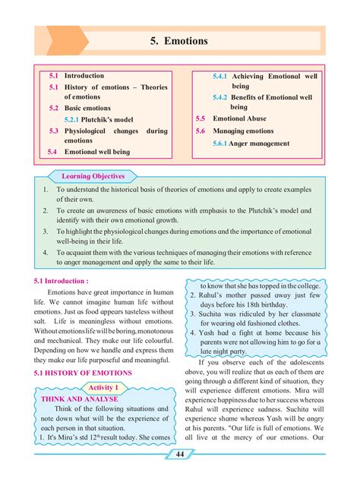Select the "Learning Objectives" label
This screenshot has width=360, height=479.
click(x=92, y=175)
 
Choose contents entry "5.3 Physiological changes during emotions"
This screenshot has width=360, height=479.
click(x=107, y=135)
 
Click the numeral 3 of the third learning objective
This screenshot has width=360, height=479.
click(x=46, y=230)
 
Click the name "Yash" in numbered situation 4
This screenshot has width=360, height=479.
click(x=209, y=332)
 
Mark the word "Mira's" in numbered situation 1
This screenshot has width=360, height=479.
click(x=71, y=438)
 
